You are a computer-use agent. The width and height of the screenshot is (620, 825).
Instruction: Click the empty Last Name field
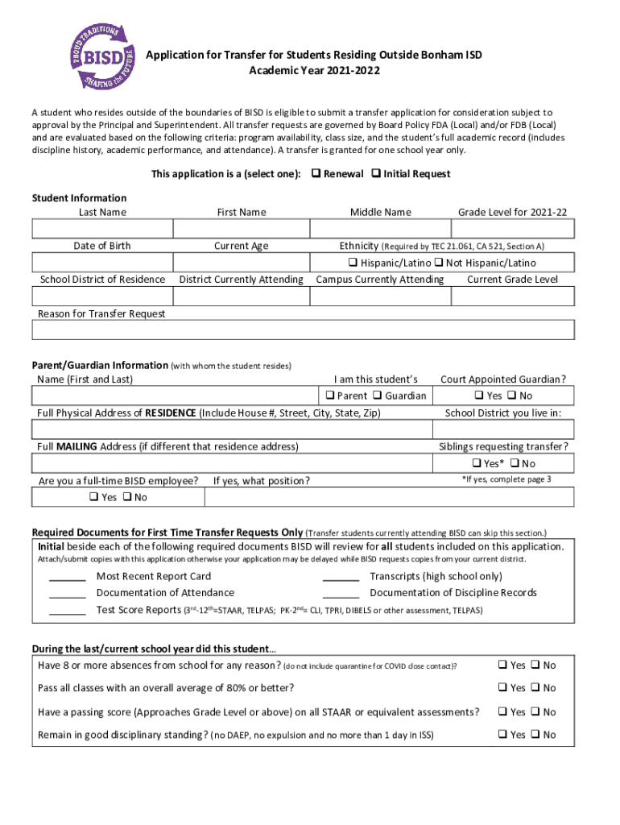coord(101,229)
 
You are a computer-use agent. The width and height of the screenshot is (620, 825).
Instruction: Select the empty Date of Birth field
coord(101,263)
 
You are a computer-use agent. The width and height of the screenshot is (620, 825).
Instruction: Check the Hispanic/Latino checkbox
coord(353,263)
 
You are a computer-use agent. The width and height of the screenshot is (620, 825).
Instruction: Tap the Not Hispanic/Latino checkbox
coord(439,263)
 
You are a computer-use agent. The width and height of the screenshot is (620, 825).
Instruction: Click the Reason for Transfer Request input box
coord(303,330)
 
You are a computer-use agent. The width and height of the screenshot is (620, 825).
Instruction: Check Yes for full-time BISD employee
coord(93,497)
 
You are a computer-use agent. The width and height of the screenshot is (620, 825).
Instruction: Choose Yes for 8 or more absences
coord(502,665)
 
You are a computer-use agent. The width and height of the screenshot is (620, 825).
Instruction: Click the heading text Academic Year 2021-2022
coord(314,71)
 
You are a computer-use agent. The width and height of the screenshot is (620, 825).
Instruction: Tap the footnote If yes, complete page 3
coord(506,479)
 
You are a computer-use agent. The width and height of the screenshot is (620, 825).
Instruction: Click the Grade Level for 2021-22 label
coord(512,212)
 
